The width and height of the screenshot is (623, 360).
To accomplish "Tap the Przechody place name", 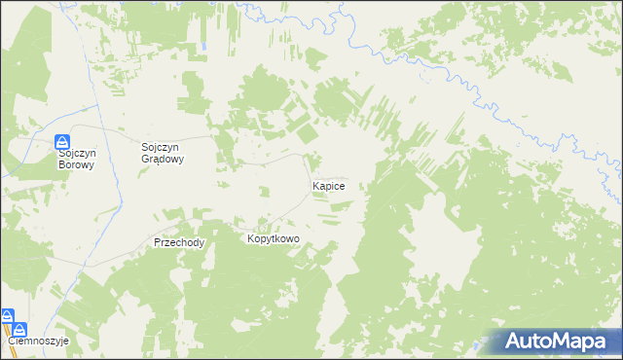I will click(179, 243).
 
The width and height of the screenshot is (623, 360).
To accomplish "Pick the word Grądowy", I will click(164, 160).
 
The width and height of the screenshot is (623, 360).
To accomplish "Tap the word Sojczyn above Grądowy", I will click(163, 148).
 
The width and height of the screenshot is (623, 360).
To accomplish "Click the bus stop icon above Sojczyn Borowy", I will click(61, 141).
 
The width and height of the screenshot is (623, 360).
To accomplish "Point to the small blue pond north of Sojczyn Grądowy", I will click(205, 46).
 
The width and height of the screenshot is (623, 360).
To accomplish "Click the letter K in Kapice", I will click(314, 185).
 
